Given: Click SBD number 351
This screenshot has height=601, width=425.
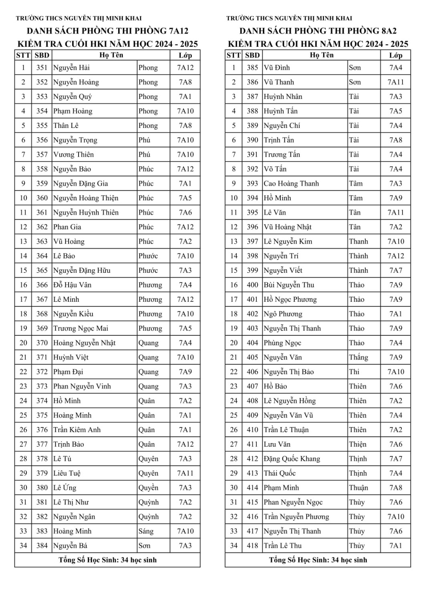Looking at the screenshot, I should pos(42,68).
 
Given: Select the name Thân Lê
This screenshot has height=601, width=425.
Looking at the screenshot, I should pos(66,125).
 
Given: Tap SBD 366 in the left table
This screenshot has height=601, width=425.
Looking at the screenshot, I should pos(42,285).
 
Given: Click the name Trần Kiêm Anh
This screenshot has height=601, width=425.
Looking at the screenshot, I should pos(77,430).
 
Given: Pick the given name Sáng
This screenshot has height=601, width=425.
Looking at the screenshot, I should pos(146,531).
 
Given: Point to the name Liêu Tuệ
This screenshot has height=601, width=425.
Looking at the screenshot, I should pos(67,473).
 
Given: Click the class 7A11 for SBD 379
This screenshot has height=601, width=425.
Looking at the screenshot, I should pos(185,473).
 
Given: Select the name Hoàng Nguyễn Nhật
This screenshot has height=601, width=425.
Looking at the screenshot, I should pos(84,343).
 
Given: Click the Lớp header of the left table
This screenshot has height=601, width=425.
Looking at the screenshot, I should pos(185,55).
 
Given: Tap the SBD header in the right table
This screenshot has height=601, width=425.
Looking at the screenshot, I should pos(252,55).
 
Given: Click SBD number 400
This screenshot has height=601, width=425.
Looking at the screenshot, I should pos(252,285).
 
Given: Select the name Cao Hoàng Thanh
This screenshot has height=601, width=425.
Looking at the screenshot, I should pos(291,184).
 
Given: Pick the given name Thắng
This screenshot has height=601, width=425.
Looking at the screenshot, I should pos(358,357).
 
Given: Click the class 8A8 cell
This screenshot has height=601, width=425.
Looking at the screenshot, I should pos(395,488).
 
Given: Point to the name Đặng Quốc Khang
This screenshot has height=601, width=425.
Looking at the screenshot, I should pos(292,459).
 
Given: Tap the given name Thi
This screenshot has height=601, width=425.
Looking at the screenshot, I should pos(354,371).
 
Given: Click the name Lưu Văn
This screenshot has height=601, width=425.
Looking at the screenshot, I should pos(277,444).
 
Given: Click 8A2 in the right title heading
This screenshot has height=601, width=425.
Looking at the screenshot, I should pos(387,31).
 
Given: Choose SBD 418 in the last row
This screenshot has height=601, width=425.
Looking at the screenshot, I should pos(252,545).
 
